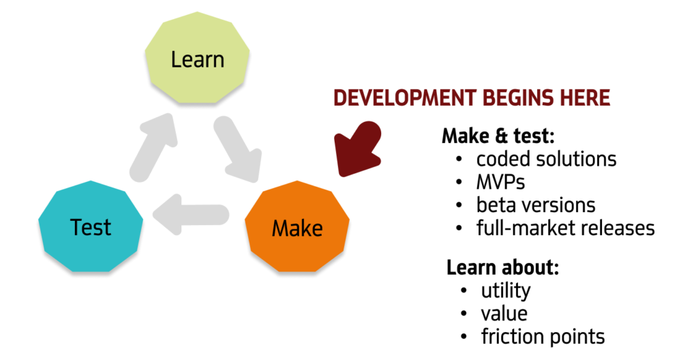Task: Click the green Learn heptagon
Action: pyautogui.click(x=198, y=59)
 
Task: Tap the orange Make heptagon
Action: pyautogui.click(x=297, y=227)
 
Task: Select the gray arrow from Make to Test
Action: pyautogui.click(x=191, y=215)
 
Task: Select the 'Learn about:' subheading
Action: pyautogui.click(x=503, y=267)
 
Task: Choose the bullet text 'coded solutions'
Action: pyautogui.click(x=546, y=159)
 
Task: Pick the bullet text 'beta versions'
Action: pyautogui.click(x=536, y=205)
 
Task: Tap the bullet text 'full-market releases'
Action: pyautogui.click(x=565, y=227)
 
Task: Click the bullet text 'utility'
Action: pyautogui.click(x=505, y=290)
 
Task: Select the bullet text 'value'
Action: pyautogui.click(x=504, y=313)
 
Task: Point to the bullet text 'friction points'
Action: pyautogui.click(x=543, y=336)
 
